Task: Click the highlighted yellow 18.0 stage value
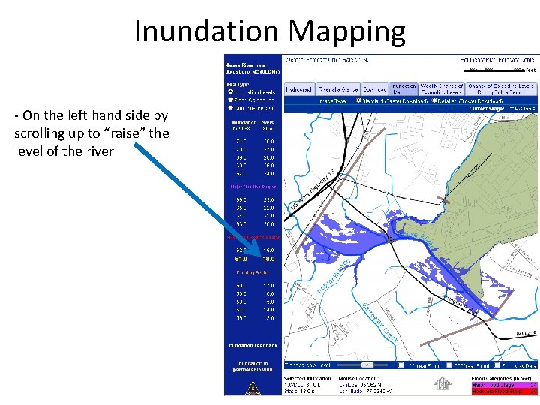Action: tap(268, 259)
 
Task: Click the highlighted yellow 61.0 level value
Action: tap(242, 259)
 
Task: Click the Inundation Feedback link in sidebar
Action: tap(253, 345)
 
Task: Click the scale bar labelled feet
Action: tap(495, 68)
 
